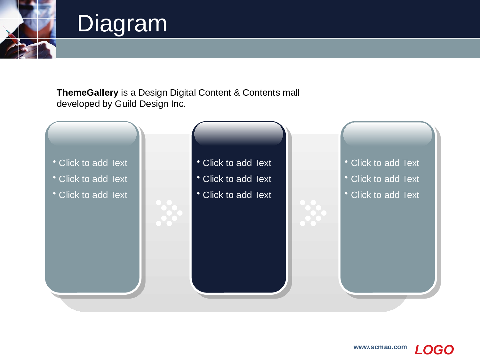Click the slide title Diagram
pos(122,24)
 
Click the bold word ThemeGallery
pos(87,93)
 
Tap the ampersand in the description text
pos(236,93)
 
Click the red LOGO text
pos(434,350)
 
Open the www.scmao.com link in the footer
pos(380,347)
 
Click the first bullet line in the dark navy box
pos(234,163)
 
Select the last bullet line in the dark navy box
pos(234,195)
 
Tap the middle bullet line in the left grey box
pos(90,179)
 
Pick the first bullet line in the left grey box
pos(90,163)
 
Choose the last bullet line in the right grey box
pos(382,195)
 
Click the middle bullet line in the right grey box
pos(382,179)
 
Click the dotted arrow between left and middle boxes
pos(169,213)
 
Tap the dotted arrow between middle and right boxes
pos(313,213)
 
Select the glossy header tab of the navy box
pos(239,134)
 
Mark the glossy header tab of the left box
pos(92,134)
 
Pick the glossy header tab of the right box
pos(388,134)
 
